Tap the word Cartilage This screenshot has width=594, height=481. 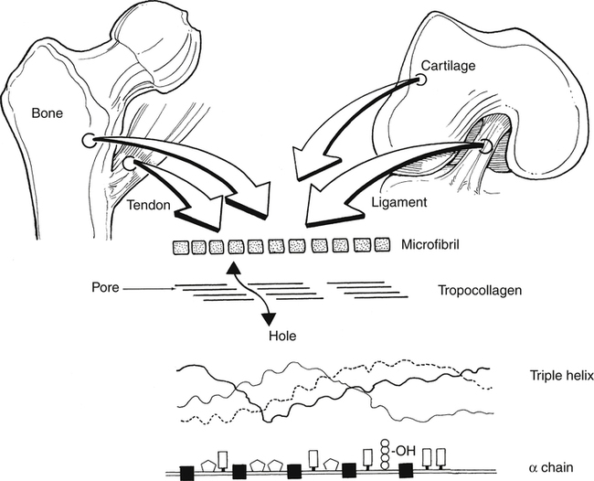point(447,67)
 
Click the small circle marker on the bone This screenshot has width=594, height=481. point(88,140)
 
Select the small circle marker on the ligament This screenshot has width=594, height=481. point(485,146)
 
